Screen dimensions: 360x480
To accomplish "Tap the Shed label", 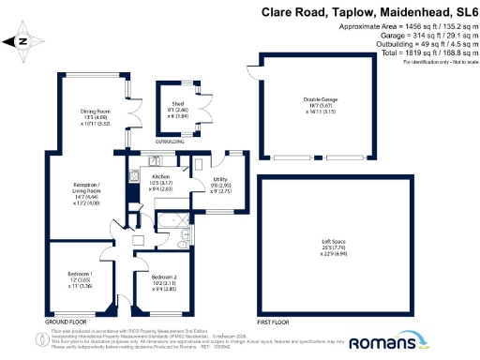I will pos(176,106).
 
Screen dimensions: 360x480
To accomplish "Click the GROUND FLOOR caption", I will pos(63,322).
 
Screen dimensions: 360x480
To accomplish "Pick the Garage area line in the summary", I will pos(424,38).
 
